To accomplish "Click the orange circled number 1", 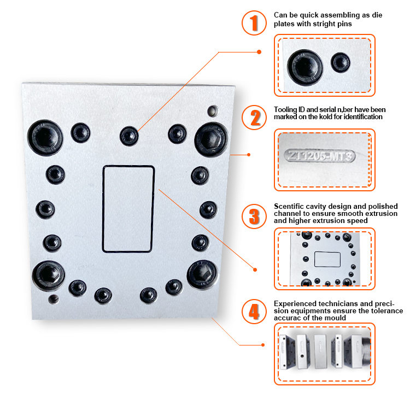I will click(254, 24).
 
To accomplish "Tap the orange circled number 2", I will click(254, 118).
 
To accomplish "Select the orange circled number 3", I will click(254, 215).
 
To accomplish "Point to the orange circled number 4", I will click(254, 312).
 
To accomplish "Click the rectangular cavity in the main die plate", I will click(128, 209).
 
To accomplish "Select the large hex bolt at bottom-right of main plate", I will click(202, 274).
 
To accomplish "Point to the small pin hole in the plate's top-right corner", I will click(212, 112).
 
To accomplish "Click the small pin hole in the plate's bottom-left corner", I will click(53, 299).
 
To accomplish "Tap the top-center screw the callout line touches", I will click(129, 134).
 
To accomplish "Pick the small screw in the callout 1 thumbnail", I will click(342, 62).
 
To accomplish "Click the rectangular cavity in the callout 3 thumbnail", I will click(327, 259).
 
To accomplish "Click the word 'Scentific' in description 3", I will click(289, 206).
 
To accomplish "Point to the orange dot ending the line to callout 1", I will click(259, 52).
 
